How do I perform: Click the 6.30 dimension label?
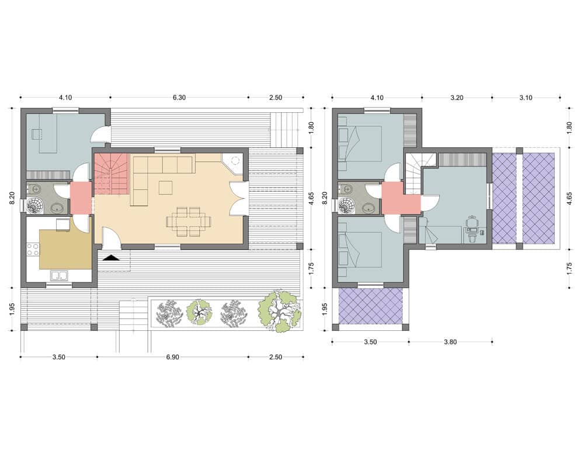click(x=179, y=98)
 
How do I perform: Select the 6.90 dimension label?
click(x=172, y=357)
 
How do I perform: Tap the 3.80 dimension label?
click(x=450, y=342)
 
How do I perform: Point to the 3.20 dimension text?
click(x=457, y=98)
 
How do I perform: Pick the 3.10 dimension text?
click(x=526, y=98)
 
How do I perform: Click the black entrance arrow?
click(x=111, y=258)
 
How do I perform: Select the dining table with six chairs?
click(x=189, y=222)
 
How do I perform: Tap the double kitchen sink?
click(x=59, y=276)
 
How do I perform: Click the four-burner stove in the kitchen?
click(x=33, y=250)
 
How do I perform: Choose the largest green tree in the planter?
click(x=280, y=312)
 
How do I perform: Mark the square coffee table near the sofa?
click(x=165, y=187)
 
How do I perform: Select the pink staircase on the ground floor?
click(x=112, y=174)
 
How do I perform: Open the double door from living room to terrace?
click(x=238, y=198)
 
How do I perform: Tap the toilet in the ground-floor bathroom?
click(x=34, y=189)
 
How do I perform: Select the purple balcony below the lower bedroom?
click(x=371, y=306)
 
